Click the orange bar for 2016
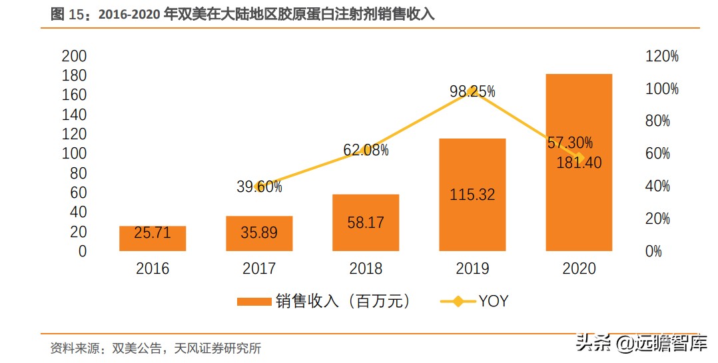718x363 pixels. tap(153, 238)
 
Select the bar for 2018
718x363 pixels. tap(366, 222)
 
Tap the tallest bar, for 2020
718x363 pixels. tap(578, 163)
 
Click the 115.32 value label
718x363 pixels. tap(472, 194)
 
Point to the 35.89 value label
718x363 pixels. tap(259, 233)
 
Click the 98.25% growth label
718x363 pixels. tap(472, 92)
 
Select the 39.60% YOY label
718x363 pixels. tap(259, 187)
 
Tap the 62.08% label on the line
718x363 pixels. tap(366, 151)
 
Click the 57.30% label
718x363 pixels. tap(570, 143)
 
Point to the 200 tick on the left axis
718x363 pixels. tap(74, 56)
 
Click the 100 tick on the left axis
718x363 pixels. tap(74, 154)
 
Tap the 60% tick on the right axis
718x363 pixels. tap(657, 154)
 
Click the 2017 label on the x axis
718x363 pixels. tap(259, 269)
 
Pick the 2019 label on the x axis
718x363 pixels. tap(472, 269)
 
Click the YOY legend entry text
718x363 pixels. tap(493, 301)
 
